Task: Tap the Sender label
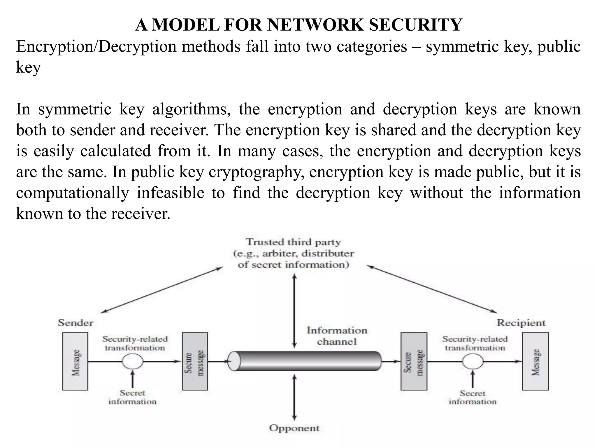pos(75,323)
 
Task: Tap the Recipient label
pos(521,323)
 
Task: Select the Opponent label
pos(294,428)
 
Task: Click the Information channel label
pos(337,336)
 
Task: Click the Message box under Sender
pos(75,361)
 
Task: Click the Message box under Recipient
pos(535,361)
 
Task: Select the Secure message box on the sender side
pos(195,361)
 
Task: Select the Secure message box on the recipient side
pos(414,361)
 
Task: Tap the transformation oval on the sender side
pos(133,361)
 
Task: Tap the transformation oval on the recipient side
pos(473,361)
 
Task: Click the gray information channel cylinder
pos(305,361)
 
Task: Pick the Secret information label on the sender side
pos(133,397)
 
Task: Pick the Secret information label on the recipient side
pos(472,397)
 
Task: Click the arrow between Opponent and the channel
pos(294,398)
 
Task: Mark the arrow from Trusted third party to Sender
pos(162,290)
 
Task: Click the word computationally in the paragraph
pos(72,193)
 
